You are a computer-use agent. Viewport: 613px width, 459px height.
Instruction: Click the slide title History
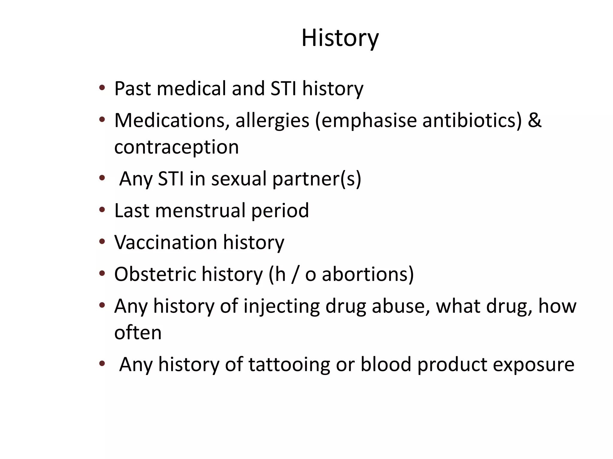(340, 38)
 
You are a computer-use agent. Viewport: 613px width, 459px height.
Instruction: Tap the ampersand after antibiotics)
(535, 120)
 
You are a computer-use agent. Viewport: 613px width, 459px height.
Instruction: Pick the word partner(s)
(317, 179)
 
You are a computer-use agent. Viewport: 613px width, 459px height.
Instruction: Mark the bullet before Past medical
(102, 88)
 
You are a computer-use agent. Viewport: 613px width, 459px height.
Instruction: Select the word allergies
(272, 120)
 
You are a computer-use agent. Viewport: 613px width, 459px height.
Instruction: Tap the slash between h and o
(295, 274)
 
